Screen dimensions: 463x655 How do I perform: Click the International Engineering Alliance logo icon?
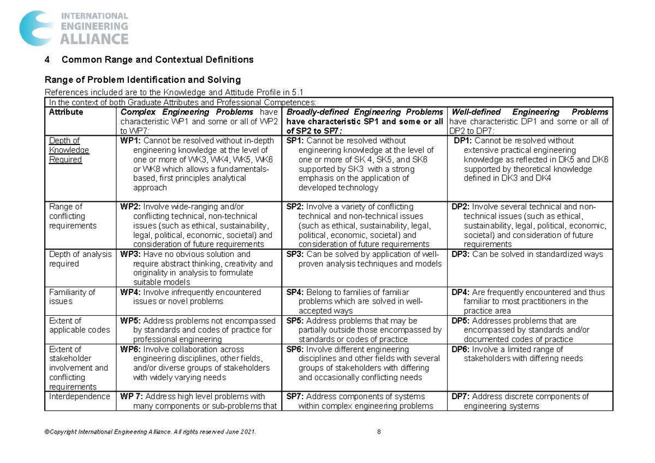pyautogui.click(x=37, y=28)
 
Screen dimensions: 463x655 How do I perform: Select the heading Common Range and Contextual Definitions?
pyautogui.click(x=158, y=59)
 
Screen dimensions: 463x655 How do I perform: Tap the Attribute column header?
pyautogui.click(x=66, y=112)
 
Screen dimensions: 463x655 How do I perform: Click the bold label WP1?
pyautogui.click(x=130, y=141)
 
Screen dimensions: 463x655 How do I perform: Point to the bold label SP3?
pyautogui.click(x=296, y=254)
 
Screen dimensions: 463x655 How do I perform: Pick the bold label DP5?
pyautogui.click(x=461, y=321)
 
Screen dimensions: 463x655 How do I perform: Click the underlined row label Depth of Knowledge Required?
pyautogui.click(x=65, y=150)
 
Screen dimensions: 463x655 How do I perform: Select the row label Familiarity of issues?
pyautogui.click(x=72, y=297)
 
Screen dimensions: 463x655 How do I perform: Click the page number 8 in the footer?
pyautogui.click(x=378, y=432)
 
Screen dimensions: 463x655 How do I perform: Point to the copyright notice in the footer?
pyautogui.click(x=151, y=432)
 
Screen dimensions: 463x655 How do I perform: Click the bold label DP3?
pyautogui.click(x=461, y=254)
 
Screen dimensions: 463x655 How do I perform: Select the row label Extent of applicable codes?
pyautogui.click(x=79, y=326)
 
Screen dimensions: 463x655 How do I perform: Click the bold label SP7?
pyautogui.click(x=296, y=397)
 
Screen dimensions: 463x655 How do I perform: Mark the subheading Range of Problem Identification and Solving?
pyautogui.click(x=142, y=80)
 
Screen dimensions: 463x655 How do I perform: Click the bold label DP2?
pyautogui.click(x=461, y=207)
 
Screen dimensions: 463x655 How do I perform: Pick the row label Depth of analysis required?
pyautogui.click(x=80, y=259)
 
